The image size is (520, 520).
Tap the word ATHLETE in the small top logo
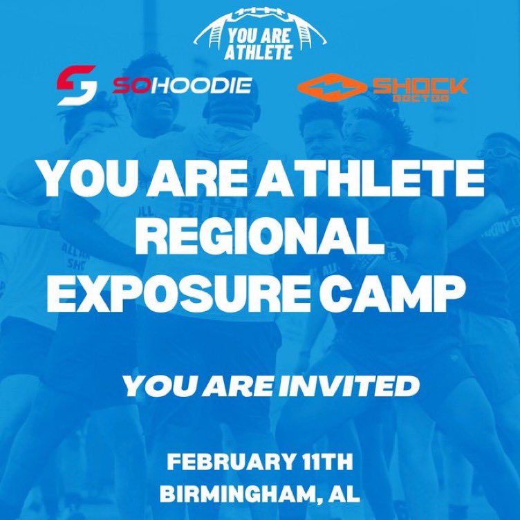260,53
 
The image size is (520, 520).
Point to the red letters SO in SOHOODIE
128,86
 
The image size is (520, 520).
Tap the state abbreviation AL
345,494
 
